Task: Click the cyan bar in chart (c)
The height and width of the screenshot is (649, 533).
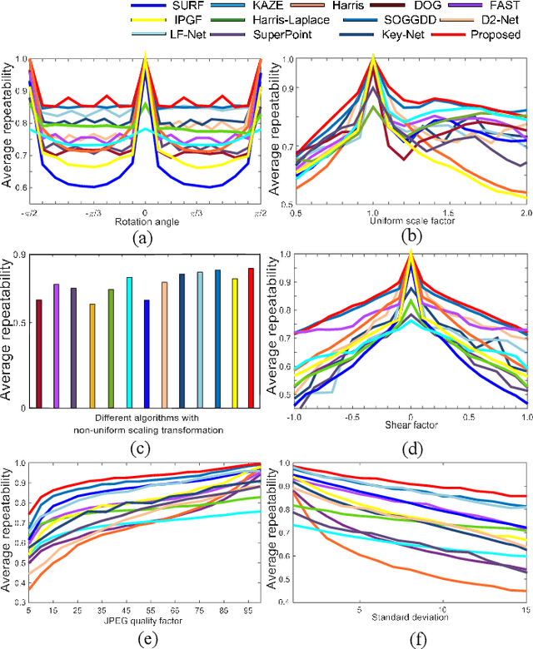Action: [129, 342]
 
